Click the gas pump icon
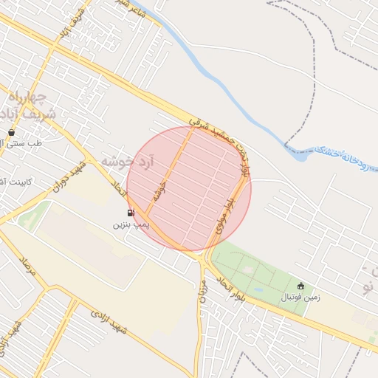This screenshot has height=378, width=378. click(x=131, y=213)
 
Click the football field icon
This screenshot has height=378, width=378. click(x=300, y=286)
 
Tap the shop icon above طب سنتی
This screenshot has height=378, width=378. click(x=11, y=132)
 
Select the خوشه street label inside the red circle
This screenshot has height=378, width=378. click(x=159, y=194)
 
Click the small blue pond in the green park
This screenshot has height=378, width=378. click(x=259, y=289)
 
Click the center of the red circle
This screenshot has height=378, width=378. click(x=189, y=189)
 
